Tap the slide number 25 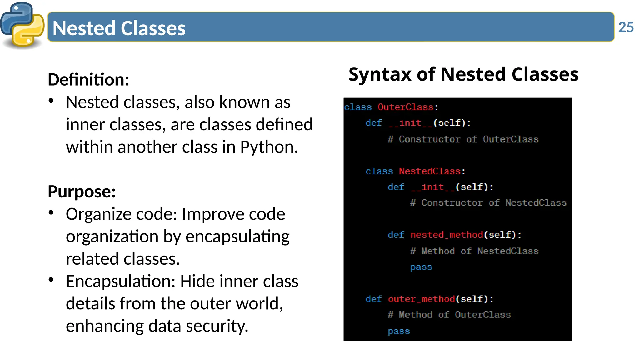coord(626,27)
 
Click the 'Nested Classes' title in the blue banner coord(119,28)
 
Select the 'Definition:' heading coord(88,80)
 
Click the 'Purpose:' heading coord(82,192)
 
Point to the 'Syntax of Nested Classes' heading coord(463,74)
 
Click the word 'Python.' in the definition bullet coord(269,147)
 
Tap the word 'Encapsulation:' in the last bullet coord(121,281)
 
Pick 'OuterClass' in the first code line coord(405,107)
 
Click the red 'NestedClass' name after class coord(430,171)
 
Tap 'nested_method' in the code coord(447,235)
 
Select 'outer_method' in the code coord(421,299)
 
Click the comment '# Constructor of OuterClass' coord(463,139)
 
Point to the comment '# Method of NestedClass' coord(474,251)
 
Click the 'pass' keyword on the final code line coord(399,331)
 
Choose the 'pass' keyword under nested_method coord(421,267)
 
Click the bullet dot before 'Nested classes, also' coord(51,101)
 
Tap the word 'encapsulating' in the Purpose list coord(237,237)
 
